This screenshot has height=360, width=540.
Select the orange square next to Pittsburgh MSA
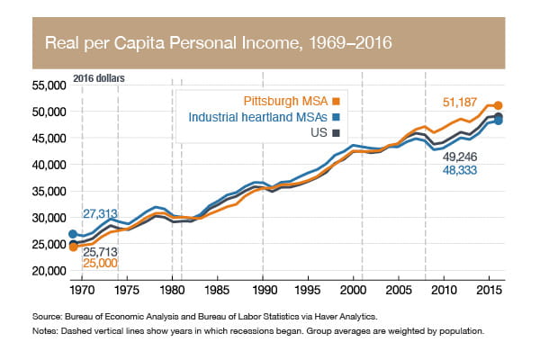336,100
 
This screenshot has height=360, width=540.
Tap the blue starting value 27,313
102,214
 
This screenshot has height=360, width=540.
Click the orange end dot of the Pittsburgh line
499,105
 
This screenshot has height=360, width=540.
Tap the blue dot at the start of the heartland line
73,234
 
